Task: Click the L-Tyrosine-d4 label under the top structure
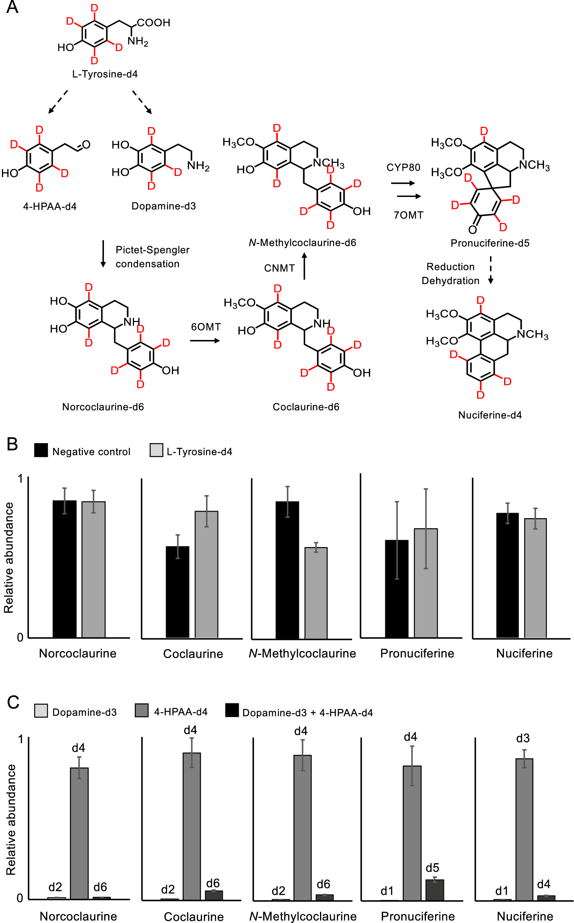coord(105,74)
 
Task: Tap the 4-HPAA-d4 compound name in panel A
coord(50,206)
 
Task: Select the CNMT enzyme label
coord(279,268)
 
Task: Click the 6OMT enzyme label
coord(206,327)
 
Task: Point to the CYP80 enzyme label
coord(403,168)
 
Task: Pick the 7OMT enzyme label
coord(408,215)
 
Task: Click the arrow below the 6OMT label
coord(205,341)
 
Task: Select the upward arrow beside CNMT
coord(304,266)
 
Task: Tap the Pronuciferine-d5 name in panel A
coord(490,243)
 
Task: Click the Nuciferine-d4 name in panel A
coord(490,415)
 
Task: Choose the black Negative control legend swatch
coord(41,450)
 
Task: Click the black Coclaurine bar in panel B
coord(177,592)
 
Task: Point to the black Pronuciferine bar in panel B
coord(397,589)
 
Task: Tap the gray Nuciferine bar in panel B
coord(535,578)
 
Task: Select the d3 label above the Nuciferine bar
coord(522,738)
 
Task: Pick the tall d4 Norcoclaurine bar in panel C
coord(79,832)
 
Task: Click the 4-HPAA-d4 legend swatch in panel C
coord(141,710)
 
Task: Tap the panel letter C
coord(13,703)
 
